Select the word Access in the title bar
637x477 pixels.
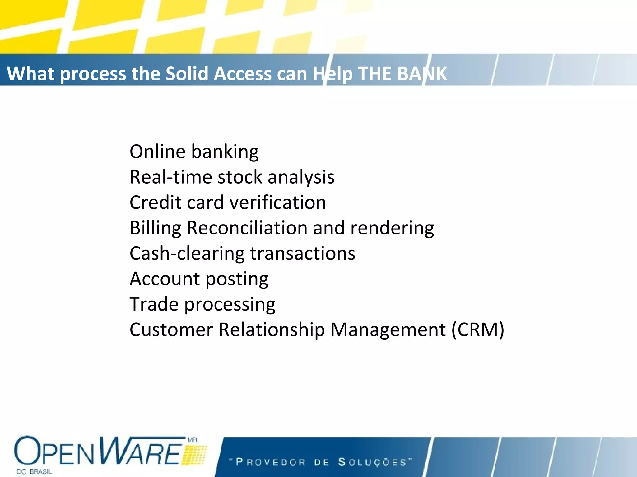coord(243,74)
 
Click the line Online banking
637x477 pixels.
coord(194,152)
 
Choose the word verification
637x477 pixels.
coord(278,203)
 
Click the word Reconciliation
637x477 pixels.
coord(247,228)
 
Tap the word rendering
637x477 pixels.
coord(392,228)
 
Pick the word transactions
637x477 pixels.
coord(303,253)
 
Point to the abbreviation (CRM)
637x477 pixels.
coord(478,329)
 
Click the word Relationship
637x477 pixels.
coord(272,329)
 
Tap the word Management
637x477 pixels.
coord(388,329)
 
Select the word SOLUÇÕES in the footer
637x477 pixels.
coord(373,462)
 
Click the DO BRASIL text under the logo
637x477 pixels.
coord(34,472)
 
